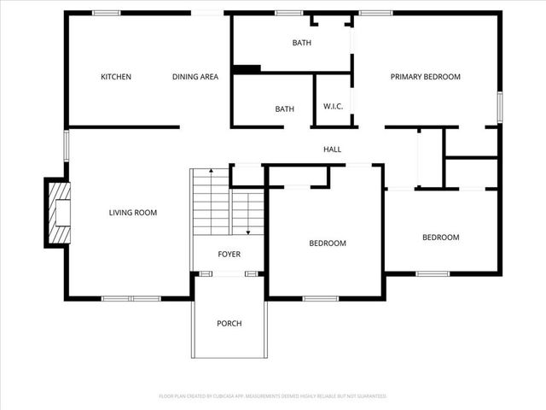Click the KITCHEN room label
[116, 77]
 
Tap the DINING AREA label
[195, 77]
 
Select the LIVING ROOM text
[133, 213]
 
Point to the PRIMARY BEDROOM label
[425, 77]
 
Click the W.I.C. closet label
[333, 106]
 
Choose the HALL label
[333, 149]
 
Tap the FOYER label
[229, 255]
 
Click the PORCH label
[229, 323]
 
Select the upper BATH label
[302, 43]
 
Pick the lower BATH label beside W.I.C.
[284, 108]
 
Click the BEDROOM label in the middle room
[328, 243]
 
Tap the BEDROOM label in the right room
[441, 237]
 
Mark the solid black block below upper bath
[247, 69]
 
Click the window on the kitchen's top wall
[106, 12]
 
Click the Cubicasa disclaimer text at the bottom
[273, 396]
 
